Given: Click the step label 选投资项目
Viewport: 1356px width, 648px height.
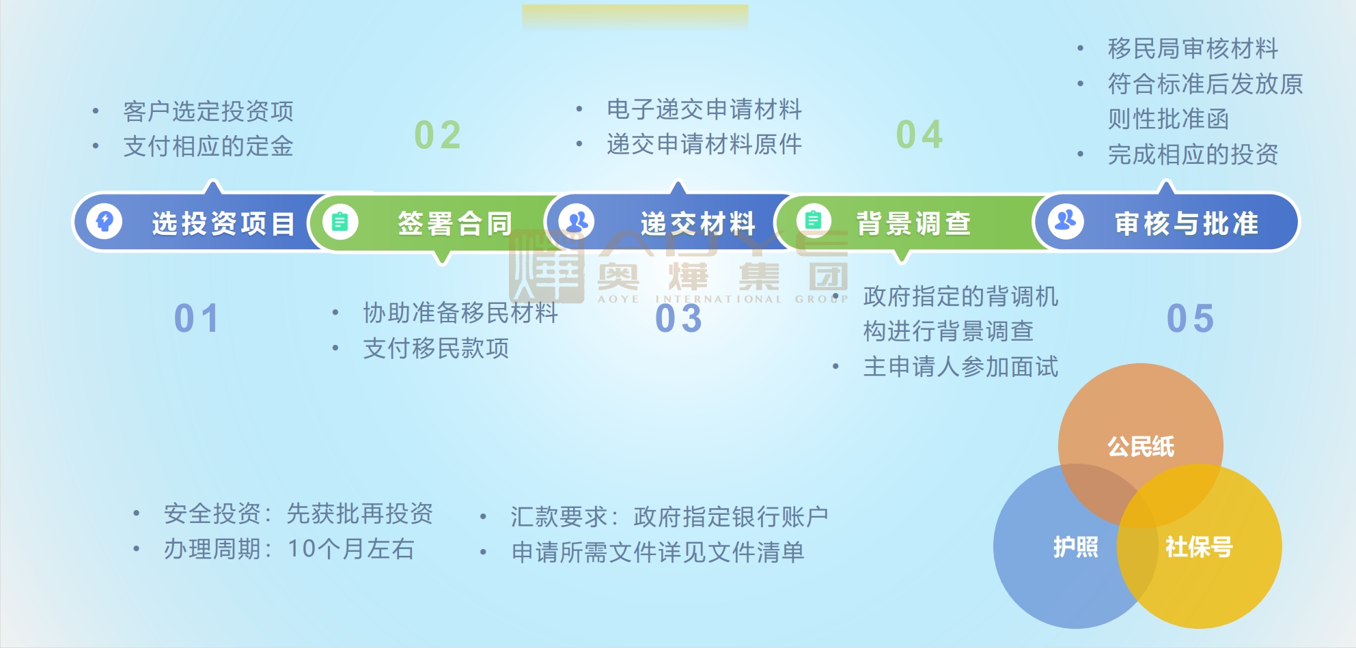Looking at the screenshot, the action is tap(223, 223).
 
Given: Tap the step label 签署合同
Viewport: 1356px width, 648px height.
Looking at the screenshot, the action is tap(455, 223).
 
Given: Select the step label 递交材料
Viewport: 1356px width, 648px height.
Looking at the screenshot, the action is tap(697, 223).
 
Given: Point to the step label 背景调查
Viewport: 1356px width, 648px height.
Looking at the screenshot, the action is tap(914, 223).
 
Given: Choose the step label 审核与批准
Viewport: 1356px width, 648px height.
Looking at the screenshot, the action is tap(1187, 223).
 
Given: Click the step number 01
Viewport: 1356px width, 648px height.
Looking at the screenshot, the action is tap(197, 318).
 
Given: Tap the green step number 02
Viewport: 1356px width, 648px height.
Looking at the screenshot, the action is tap(438, 135).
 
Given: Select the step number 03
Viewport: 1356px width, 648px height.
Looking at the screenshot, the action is tap(679, 318).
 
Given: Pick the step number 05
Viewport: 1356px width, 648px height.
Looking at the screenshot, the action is tap(1191, 318).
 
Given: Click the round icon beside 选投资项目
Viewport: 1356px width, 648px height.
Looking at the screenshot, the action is tap(105, 221).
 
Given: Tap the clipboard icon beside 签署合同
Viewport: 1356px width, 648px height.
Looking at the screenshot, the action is tap(340, 222).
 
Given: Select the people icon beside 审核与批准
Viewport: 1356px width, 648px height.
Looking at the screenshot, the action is tap(1066, 221).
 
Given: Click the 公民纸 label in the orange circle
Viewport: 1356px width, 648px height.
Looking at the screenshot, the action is tap(1141, 447).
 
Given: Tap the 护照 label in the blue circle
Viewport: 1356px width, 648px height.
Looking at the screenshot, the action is tap(1076, 547).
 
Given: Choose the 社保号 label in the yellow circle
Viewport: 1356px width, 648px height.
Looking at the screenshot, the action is tap(1199, 547).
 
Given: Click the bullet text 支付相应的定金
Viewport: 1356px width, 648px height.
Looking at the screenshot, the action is tap(208, 146).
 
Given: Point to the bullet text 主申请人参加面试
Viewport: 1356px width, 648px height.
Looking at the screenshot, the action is tap(960, 367).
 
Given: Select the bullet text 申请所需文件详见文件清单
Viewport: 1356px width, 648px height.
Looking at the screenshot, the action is tap(658, 552).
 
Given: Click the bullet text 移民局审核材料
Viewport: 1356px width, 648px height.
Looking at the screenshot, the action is tap(1193, 48).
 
